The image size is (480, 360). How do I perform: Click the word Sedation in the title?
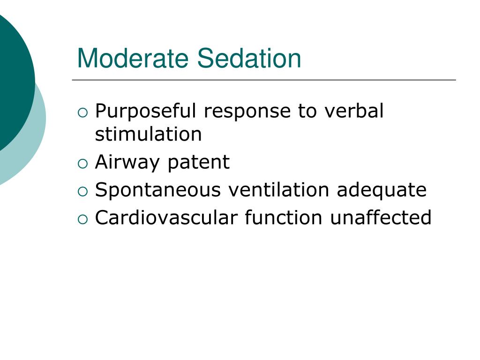pyautogui.click(x=249, y=59)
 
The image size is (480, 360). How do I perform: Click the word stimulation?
pyautogui.click(x=148, y=135)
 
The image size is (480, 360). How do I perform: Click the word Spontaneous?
pyautogui.click(x=157, y=190)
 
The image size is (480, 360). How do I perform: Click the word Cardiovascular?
pyautogui.click(x=166, y=218)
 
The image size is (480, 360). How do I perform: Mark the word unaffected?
pyautogui.click(x=380, y=218)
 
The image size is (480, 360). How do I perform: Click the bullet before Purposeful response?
pyautogui.click(x=82, y=112)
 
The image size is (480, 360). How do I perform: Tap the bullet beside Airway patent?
pyautogui.click(x=82, y=164)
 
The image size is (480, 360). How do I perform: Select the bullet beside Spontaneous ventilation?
pyautogui.click(x=82, y=191)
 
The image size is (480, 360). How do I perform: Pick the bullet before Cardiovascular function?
pyautogui.click(x=82, y=219)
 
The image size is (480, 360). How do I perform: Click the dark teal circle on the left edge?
pyautogui.click(x=12, y=80)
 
